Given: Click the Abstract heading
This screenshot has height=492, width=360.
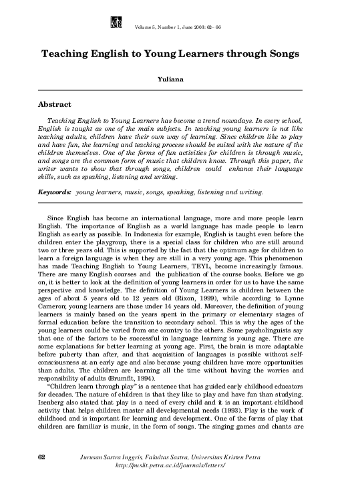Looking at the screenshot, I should pos(54,105).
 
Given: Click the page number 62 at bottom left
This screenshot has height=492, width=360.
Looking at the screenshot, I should pos(41,456).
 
